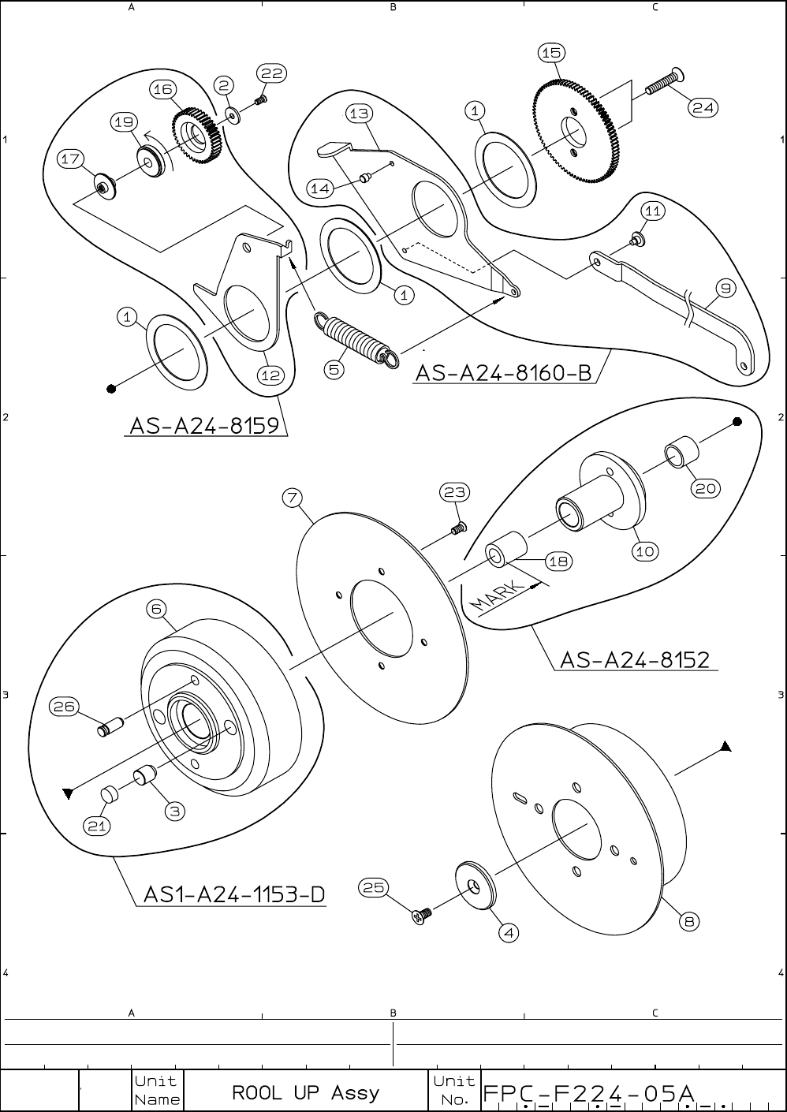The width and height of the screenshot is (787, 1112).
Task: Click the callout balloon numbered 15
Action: coord(550,53)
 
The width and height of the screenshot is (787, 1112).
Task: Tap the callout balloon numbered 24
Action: coord(703,108)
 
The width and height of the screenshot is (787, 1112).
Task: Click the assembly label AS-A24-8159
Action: coord(204,426)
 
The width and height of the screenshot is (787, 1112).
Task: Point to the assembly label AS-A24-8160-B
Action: coord(503,372)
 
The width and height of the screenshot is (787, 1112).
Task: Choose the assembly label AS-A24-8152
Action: coord(635,659)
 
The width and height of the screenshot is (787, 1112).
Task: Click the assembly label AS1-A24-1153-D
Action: coord(234,895)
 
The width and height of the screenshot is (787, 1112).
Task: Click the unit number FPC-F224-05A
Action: coord(588,1094)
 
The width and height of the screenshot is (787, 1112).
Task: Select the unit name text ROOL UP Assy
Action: coord(305,1093)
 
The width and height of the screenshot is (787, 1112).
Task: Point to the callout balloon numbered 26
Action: coord(64,707)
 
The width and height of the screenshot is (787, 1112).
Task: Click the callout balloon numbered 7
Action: coord(293,498)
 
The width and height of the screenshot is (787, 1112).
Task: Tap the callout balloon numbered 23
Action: coord(455,492)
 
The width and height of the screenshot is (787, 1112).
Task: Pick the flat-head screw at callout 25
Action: coord(423,916)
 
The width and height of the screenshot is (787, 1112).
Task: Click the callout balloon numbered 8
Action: coord(688,920)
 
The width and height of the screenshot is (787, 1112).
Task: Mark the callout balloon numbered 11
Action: coord(652,211)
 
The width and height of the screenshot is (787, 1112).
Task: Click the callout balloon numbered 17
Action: coord(71,159)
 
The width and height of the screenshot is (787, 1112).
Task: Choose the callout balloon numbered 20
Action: coord(705,489)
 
